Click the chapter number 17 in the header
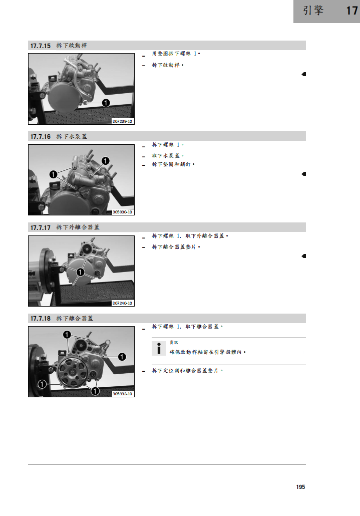351,11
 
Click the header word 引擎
313,11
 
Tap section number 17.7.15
41,46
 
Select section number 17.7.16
41,137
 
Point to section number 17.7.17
41,228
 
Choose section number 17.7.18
41,319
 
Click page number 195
300,487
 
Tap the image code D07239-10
122,121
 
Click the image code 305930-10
122,212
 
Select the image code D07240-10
122,303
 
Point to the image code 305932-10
122,394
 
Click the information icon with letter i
159,348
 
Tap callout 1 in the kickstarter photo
106,103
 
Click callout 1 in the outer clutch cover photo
80,272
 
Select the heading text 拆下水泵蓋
71,137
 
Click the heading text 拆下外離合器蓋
78,227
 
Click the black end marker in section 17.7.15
304,74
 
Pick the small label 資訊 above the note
174,343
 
